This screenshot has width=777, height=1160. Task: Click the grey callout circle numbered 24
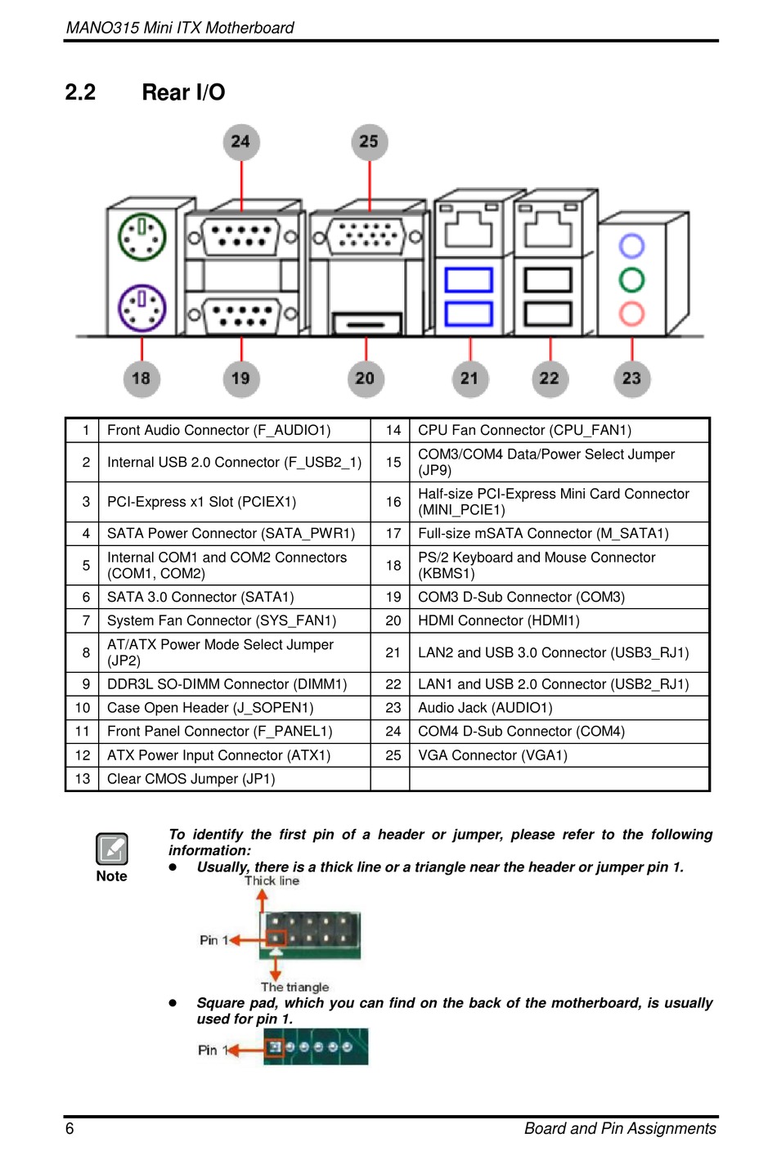pos(240,142)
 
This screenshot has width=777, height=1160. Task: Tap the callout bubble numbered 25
pos(370,142)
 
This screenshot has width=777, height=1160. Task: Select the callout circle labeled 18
pos(141,378)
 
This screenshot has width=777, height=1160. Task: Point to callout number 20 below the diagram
pos(366,378)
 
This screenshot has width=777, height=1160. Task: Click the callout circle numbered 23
pos(632,378)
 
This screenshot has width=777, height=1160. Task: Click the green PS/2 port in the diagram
pos(142,237)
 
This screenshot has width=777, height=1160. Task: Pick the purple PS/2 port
pos(142,307)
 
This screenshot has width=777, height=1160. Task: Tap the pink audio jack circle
pos(631,313)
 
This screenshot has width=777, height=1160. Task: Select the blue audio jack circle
pos(631,246)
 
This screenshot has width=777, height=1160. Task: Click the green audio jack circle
pos(631,280)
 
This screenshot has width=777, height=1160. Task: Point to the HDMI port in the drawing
pos(366,323)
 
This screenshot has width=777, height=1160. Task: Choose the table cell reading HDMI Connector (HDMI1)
pos(498,620)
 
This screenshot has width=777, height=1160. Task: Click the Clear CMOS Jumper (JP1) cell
pos(191,779)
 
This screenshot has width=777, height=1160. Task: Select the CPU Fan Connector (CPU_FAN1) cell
pos(524,430)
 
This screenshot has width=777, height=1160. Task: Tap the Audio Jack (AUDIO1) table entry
pos(485,707)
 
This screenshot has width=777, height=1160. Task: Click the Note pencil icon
pos(112,849)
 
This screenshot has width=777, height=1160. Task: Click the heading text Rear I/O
pos(183,92)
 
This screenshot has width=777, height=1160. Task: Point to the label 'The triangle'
pos(294,987)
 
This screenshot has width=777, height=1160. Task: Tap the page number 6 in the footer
pos(70,1128)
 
